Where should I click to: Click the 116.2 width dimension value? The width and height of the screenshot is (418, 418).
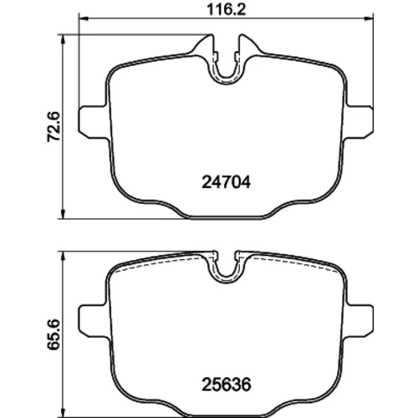coord(226,10)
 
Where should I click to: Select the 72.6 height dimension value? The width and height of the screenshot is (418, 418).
coord(54,126)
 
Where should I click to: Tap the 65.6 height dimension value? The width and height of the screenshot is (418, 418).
coord(54,334)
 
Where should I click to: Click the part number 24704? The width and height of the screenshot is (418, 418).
coord(226,182)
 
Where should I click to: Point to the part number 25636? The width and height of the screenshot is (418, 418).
coord(226,385)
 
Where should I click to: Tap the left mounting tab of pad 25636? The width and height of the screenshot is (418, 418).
coord(94,321)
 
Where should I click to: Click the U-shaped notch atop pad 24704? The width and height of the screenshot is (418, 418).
coord(226,82)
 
